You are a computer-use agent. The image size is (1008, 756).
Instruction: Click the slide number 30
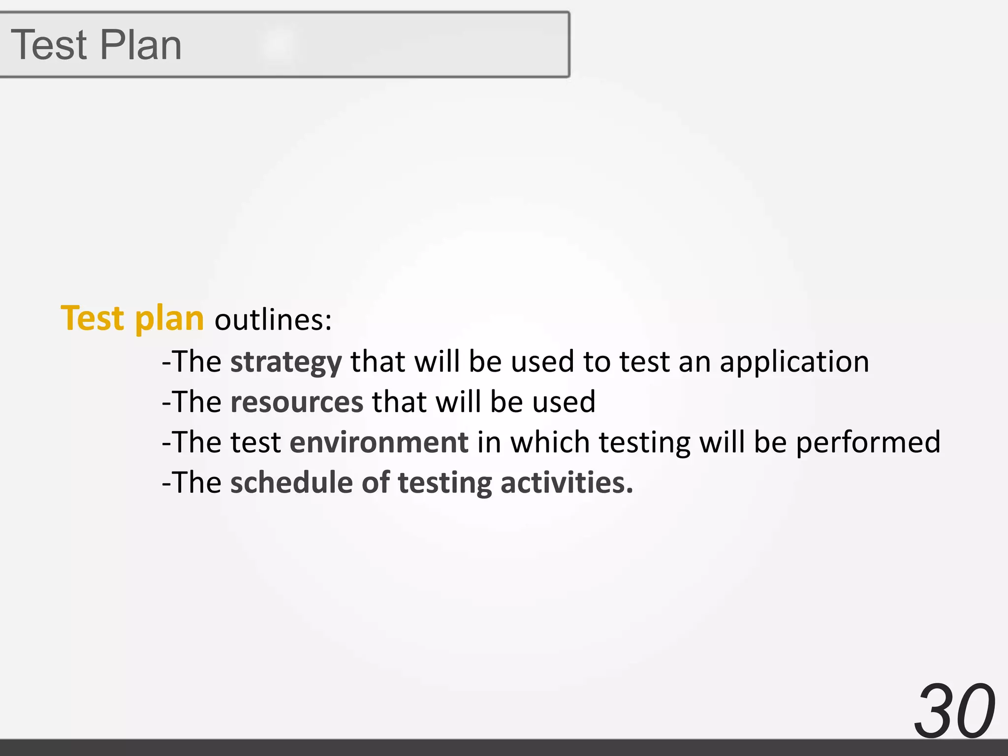954,711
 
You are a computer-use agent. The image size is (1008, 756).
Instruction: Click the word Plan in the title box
141,45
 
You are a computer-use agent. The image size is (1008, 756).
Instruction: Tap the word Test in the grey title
49,45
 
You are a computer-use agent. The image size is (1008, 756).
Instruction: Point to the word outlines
273,320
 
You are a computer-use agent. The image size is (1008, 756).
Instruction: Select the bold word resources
297,402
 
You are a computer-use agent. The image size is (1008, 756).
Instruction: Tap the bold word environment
379,442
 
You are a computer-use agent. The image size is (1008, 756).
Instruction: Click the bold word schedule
291,482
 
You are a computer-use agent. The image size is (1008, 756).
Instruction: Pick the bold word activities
567,482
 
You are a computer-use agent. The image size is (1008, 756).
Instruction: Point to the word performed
868,442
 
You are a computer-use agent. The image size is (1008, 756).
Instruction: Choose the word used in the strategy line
542,362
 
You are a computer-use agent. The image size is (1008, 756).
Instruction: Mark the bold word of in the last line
376,482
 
